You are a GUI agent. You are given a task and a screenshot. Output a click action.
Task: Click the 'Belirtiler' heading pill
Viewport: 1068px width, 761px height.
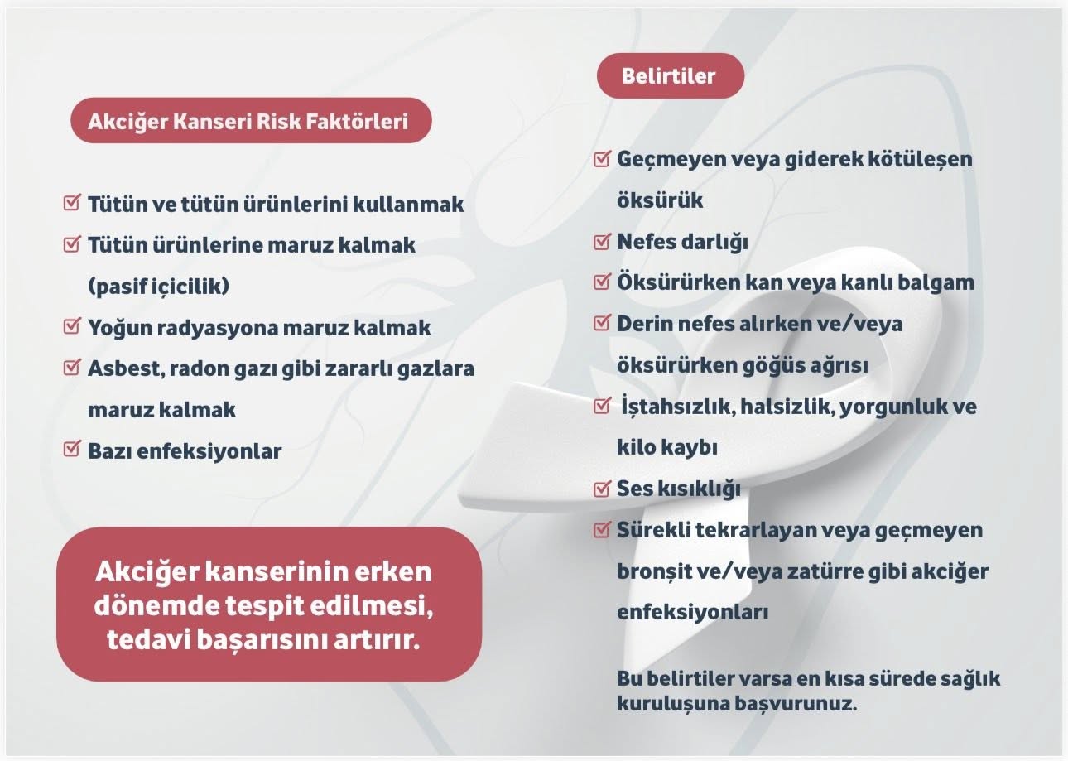670,76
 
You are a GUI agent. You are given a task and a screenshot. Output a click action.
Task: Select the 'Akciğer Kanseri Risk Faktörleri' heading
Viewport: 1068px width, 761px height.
248,121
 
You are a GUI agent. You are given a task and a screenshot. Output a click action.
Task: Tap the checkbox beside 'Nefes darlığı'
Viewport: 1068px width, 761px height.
603,242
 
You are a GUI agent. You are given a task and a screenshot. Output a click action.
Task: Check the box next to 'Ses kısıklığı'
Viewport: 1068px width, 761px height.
603,489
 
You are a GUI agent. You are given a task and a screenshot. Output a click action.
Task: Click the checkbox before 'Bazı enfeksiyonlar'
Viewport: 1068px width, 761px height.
72,450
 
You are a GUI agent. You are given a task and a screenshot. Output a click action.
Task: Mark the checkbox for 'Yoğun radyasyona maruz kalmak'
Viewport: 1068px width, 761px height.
72,326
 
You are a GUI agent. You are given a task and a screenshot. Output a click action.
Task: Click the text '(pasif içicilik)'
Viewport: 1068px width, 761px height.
158,287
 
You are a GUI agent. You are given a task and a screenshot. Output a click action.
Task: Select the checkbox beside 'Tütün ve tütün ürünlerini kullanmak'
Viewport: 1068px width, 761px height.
72,203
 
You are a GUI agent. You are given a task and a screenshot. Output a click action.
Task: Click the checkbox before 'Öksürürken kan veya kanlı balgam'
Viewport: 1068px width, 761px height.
603,282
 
